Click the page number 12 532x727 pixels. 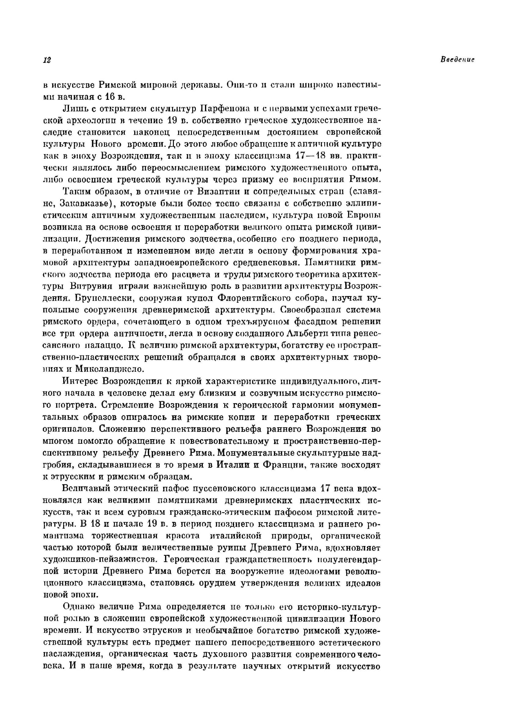tap(47, 60)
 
